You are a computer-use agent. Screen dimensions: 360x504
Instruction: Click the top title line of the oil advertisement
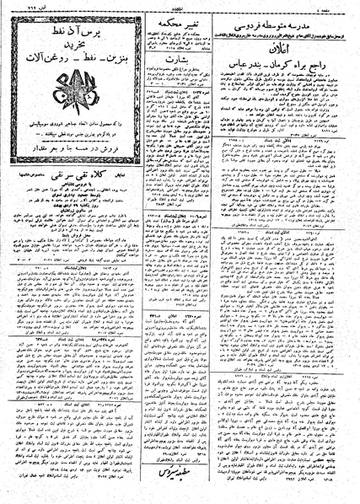61,27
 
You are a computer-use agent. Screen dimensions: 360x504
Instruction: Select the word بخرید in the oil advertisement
61,42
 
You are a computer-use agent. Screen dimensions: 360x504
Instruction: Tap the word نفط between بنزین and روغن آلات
64,56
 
